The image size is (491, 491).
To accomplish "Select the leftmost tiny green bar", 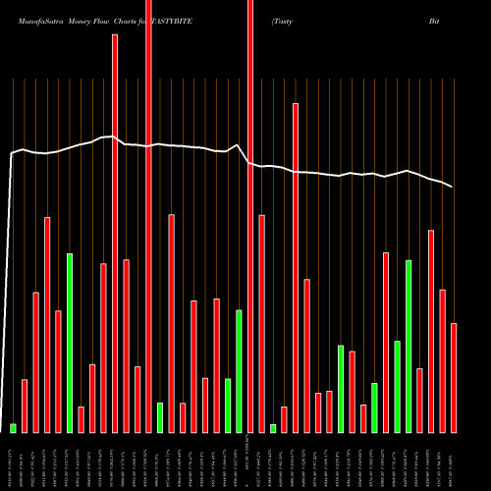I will pos(14,428).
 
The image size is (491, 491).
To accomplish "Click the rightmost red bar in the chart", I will pos(454,378).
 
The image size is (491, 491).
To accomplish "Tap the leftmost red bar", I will pos(25,406).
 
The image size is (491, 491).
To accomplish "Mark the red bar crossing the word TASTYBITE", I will pos(148,216).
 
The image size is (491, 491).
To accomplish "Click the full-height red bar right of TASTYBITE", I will pos(250,216).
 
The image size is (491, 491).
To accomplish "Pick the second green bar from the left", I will pos(70,343).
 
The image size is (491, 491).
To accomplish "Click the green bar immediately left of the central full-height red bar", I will pos(239,371).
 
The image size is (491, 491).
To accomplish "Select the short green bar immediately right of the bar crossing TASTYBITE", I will pos(160,417).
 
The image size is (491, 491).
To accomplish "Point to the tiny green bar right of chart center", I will pos(273,428).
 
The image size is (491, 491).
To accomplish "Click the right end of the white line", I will pos(452,187).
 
